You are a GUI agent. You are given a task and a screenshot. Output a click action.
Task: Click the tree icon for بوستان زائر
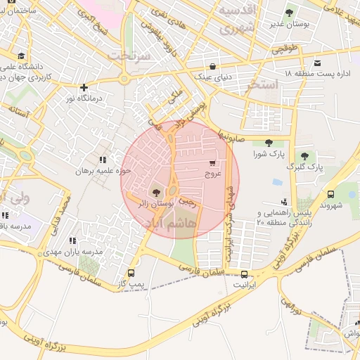pos(155,191)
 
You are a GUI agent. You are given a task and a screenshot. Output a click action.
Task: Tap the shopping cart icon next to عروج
pos(212,163)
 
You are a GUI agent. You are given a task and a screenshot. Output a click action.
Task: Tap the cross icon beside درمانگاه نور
pos(84,88)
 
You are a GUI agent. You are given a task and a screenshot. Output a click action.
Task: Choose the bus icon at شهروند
pos(330,194)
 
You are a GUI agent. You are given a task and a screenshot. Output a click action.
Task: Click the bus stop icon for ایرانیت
pos(244,274)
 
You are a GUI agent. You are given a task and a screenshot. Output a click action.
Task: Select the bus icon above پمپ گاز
pos(131,272)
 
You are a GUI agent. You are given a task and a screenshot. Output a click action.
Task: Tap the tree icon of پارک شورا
pos(269,143)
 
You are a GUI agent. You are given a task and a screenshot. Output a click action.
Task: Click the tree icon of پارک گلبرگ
pos(304,156)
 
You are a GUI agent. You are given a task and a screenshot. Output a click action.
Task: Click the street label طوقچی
pos(285,50)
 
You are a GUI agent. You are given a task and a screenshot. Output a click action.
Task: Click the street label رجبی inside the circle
pos(187,201)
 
